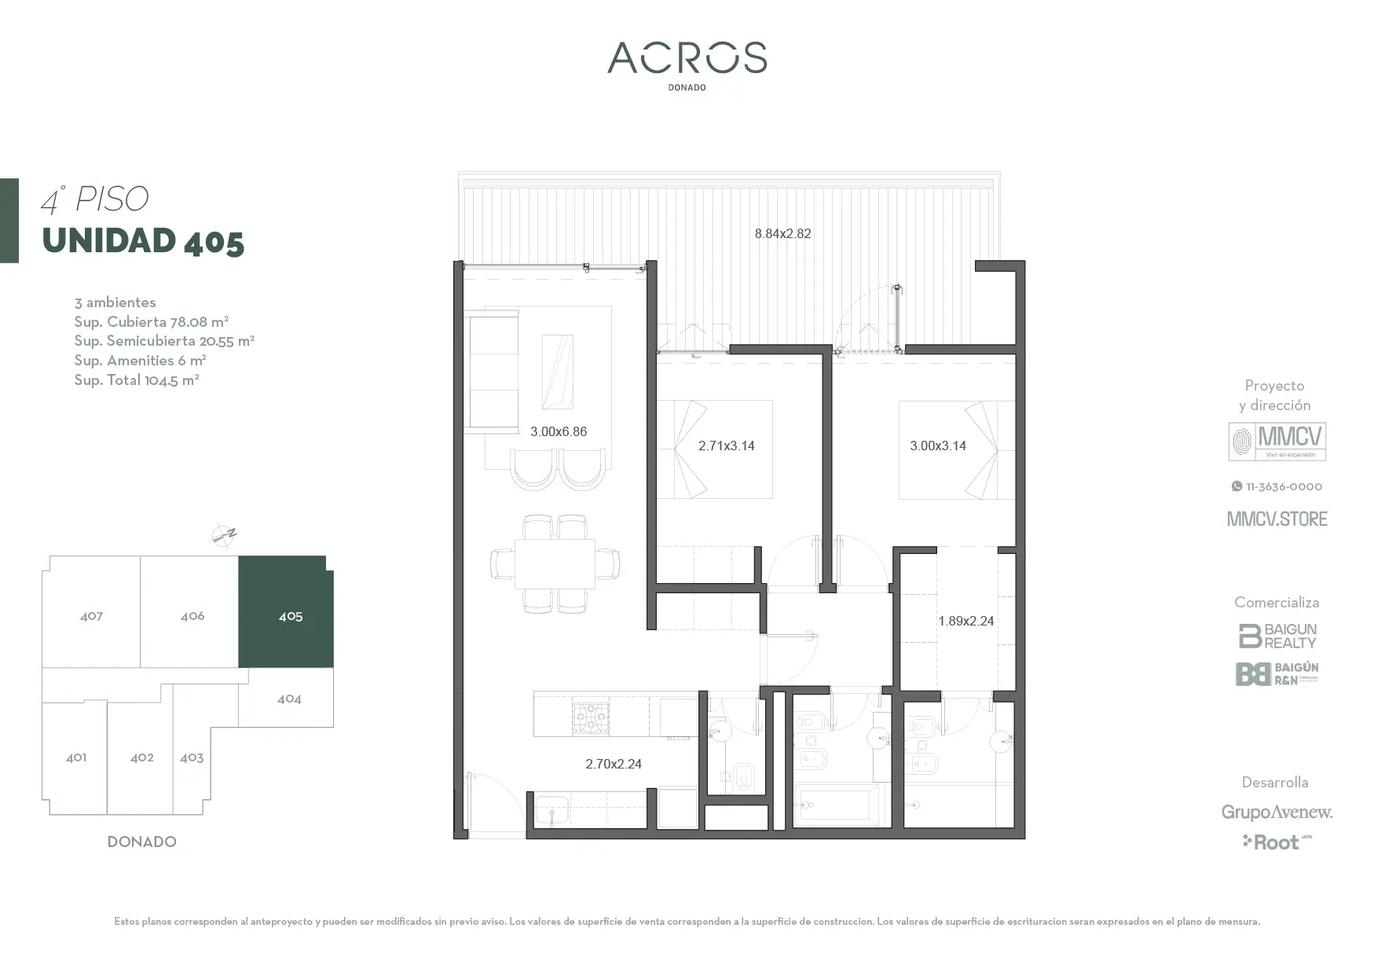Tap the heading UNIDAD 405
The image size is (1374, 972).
pyautogui.click(x=143, y=241)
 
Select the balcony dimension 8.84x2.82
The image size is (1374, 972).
pyautogui.click(x=782, y=233)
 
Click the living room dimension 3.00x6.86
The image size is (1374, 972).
pyautogui.click(x=559, y=431)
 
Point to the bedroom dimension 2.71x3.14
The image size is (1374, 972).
pyautogui.click(x=727, y=446)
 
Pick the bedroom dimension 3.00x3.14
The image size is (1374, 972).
pyautogui.click(x=938, y=446)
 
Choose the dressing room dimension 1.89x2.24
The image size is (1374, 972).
pyautogui.click(x=966, y=621)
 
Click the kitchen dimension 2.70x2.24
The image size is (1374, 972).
pyautogui.click(x=614, y=764)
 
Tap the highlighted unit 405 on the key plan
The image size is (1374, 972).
pyautogui.click(x=287, y=612)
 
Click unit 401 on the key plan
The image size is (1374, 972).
pyautogui.click(x=75, y=757)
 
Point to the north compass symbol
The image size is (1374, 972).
pyautogui.click(x=224, y=536)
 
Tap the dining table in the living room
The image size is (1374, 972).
pyautogui.click(x=555, y=563)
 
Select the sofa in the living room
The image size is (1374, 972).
pyautogui.click(x=492, y=371)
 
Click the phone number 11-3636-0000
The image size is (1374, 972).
pyautogui.click(x=1277, y=486)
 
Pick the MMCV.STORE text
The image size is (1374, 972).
pyautogui.click(x=1277, y=519)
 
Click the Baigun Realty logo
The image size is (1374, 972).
pyautogui.click(x=1277, y=636)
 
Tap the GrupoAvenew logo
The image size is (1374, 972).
pyautogui.click(x=1277, y=812)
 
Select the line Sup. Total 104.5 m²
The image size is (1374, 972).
pyautogui.click(x=137, y=380)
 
